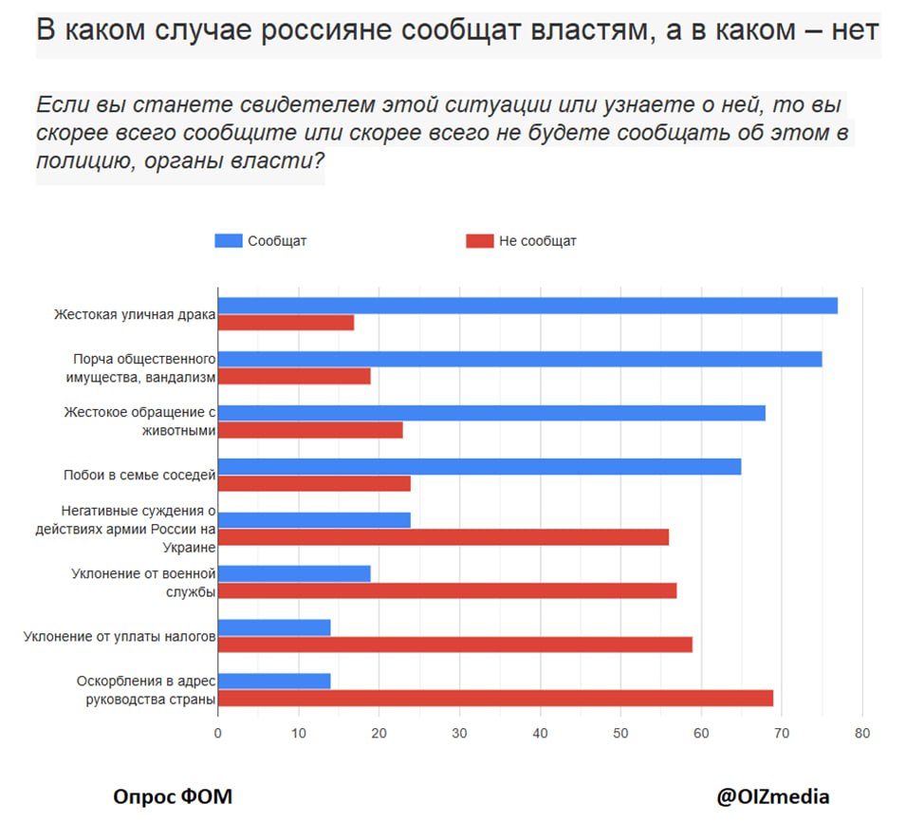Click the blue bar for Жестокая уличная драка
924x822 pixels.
click(x=527, y=306)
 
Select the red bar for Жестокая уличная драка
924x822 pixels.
click(x=286, y=323)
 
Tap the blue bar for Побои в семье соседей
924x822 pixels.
click(x=479, y=467)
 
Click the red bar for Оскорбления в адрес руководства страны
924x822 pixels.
click(x=495, y=699)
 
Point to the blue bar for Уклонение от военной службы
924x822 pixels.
click(x=294, y=573)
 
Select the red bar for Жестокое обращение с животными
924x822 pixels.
click(x=310, y=430)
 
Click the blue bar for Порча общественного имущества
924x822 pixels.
click(x=520, y=359)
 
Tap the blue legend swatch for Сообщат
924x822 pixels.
click(x=229, y=241)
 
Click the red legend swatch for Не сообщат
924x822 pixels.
click(x=480, y=241)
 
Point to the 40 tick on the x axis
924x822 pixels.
click(x=540, y=733)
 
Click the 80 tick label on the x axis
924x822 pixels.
click(x=861, y=733)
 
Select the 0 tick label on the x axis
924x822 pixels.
click(x=218, y=733)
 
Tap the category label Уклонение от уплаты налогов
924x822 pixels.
click(x=120, y=636)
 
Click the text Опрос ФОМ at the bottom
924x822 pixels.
click(x=173, y=795)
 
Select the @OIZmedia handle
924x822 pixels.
click(x=772, y=795)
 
